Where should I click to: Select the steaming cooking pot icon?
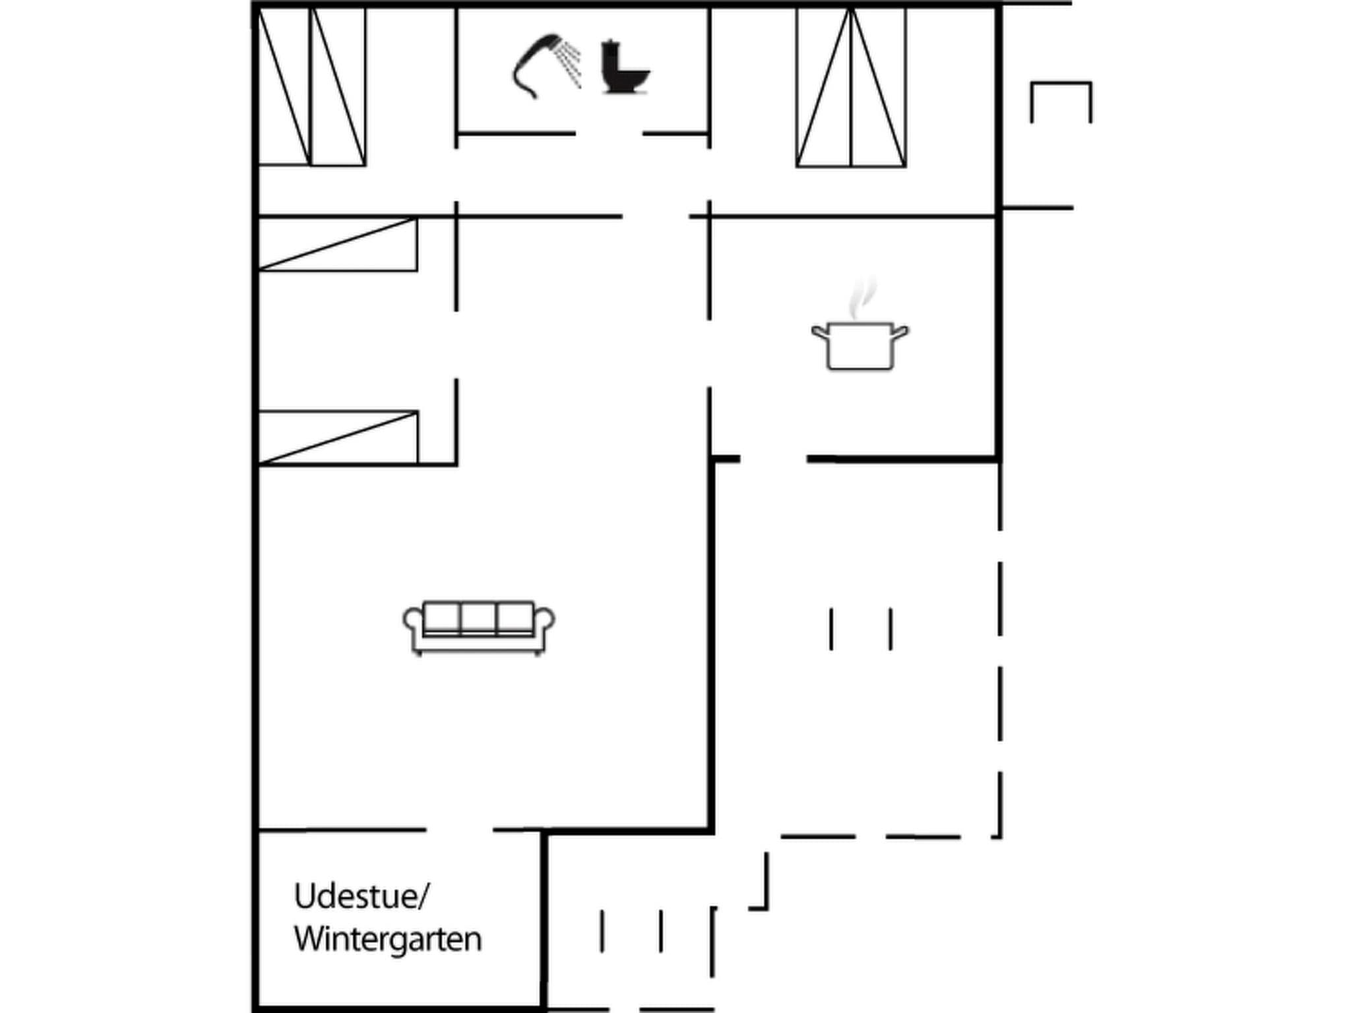(x=860, y=343)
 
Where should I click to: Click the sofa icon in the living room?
(x=479, y=628)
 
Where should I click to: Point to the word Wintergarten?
(x=388, y=939)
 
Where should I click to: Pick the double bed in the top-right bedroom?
(x=851, y=87)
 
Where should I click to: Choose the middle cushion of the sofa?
(x=478, y=618)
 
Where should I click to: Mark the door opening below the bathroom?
(x=609, y=134)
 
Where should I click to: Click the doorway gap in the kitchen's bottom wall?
(x=773, y=459)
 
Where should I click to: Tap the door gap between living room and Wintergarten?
(x=460, y=830)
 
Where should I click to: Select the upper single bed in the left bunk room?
(x=337, y=244)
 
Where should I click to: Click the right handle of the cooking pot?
(x=900, y=332)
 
